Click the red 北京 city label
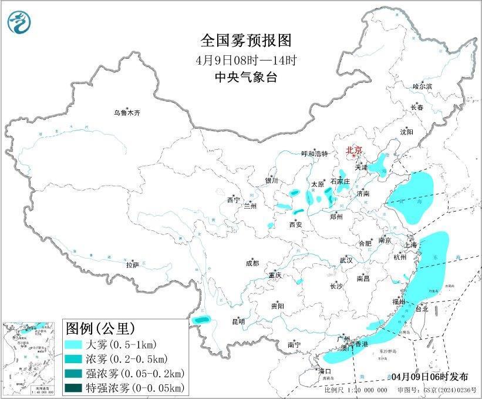click(x=355, y=150)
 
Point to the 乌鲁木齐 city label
click(x=127, y=113)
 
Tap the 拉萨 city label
click(x=132, y=265)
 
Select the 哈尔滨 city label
click(x=422, y=86)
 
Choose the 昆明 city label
click(x=238, y=321)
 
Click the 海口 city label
click(x=325, y=371)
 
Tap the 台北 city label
click(x=422, y=309)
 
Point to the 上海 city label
click(x=411, y=245)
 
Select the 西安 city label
click(x=295, y=224)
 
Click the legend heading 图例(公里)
click(x=100, y=327)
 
